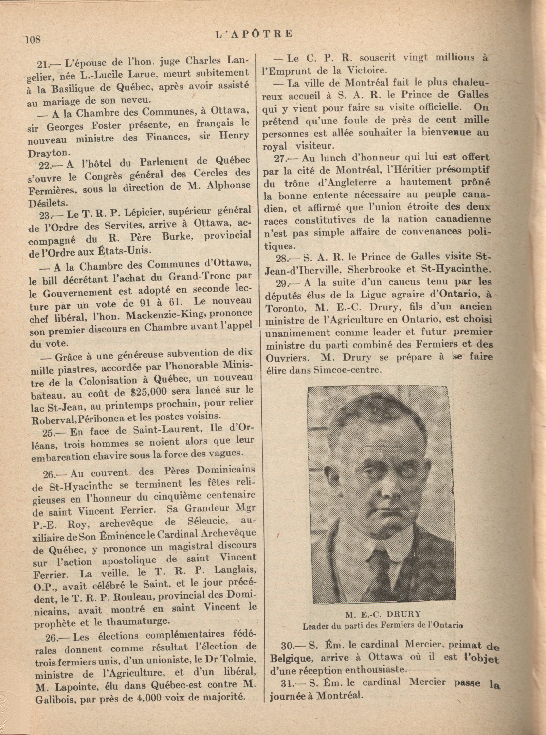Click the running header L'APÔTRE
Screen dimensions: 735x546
click(254, 34)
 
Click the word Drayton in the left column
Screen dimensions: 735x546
click(49, 153)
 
